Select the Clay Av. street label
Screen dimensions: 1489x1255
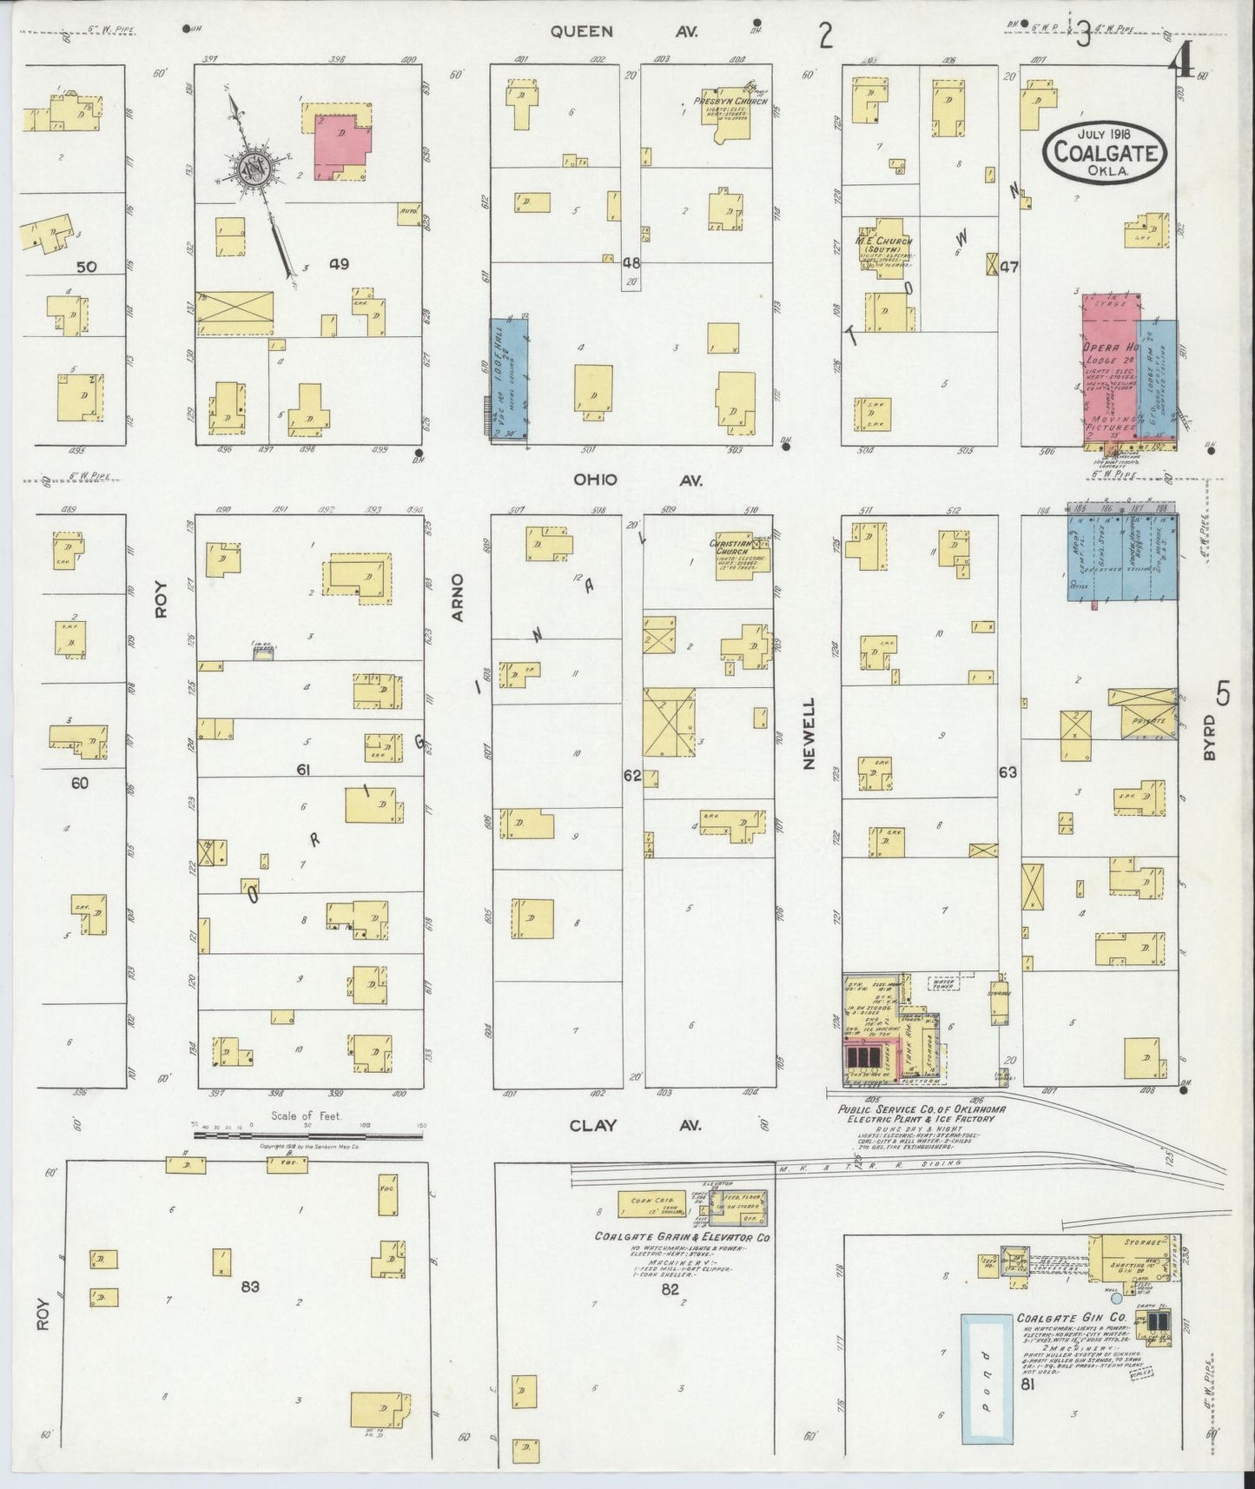point(635,1125)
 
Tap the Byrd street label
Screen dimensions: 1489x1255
point(1210,744)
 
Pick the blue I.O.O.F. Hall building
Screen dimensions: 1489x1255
point(509,379)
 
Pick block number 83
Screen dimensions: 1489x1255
point(250,1286)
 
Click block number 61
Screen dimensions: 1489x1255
point(303,770)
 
